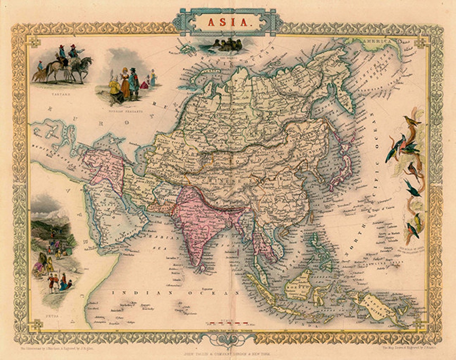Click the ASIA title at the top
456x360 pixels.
click(x=228, y=22)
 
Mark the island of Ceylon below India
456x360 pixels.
click(x=203, y=267)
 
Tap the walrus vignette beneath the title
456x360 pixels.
click(x=228, y=44)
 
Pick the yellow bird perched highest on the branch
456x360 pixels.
click(x=412, y=122)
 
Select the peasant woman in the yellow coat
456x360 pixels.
click(x=115, y=89)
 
